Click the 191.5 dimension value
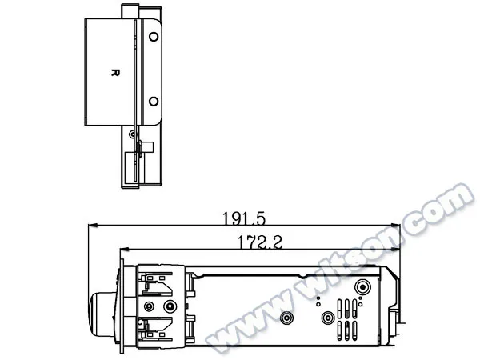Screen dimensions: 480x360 click(243, 218)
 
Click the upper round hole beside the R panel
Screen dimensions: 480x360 click(154, 37)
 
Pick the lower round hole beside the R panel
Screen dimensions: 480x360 click(154, 102)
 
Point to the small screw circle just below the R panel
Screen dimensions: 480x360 click(132, 134)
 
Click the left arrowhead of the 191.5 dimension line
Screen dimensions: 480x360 click(93, 226)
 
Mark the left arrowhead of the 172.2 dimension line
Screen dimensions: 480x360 click(125, 250)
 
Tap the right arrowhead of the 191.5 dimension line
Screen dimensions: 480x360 click(396, 226)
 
